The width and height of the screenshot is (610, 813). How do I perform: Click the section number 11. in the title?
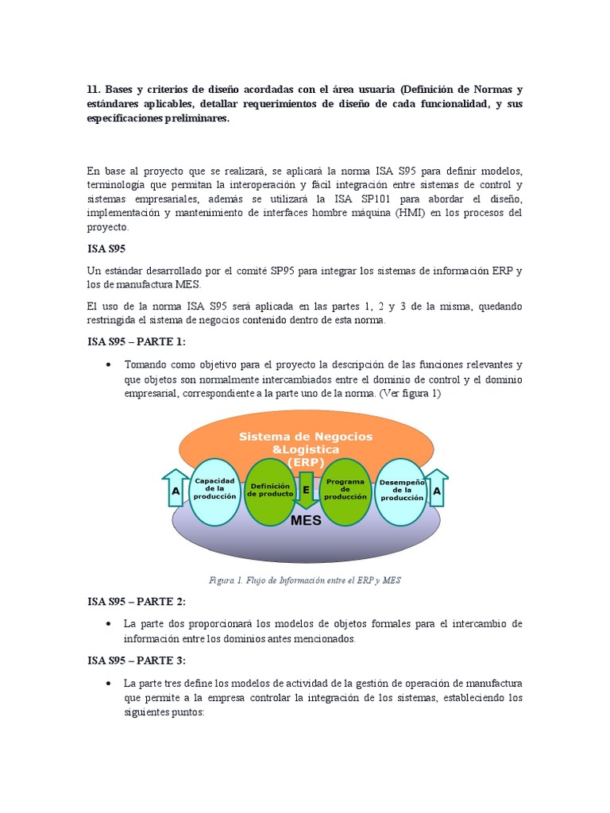click(x=95, y=90)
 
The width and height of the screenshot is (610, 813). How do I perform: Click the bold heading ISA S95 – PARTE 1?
click(x=136, y=341)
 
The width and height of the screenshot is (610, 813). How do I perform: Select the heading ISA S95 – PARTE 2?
click(x=136, y=602)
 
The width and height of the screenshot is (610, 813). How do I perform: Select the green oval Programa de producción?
click(x=345, y=491)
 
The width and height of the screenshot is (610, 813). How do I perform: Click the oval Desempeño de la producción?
click(x=402, y=491)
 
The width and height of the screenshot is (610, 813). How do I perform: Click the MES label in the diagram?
click(x=306, y=521)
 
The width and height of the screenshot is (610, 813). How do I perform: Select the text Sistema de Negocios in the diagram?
click(x=306, y=437)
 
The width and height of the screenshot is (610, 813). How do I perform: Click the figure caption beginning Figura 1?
click(x=305, y=580)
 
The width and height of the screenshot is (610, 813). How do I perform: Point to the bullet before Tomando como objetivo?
click(x=108, y=364)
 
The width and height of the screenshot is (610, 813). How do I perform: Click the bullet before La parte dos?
click(x=108, y=625)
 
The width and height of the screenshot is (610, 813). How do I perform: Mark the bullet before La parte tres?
click(x=108, y=684)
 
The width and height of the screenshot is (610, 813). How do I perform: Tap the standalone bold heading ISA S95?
click(x=106, y=248)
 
